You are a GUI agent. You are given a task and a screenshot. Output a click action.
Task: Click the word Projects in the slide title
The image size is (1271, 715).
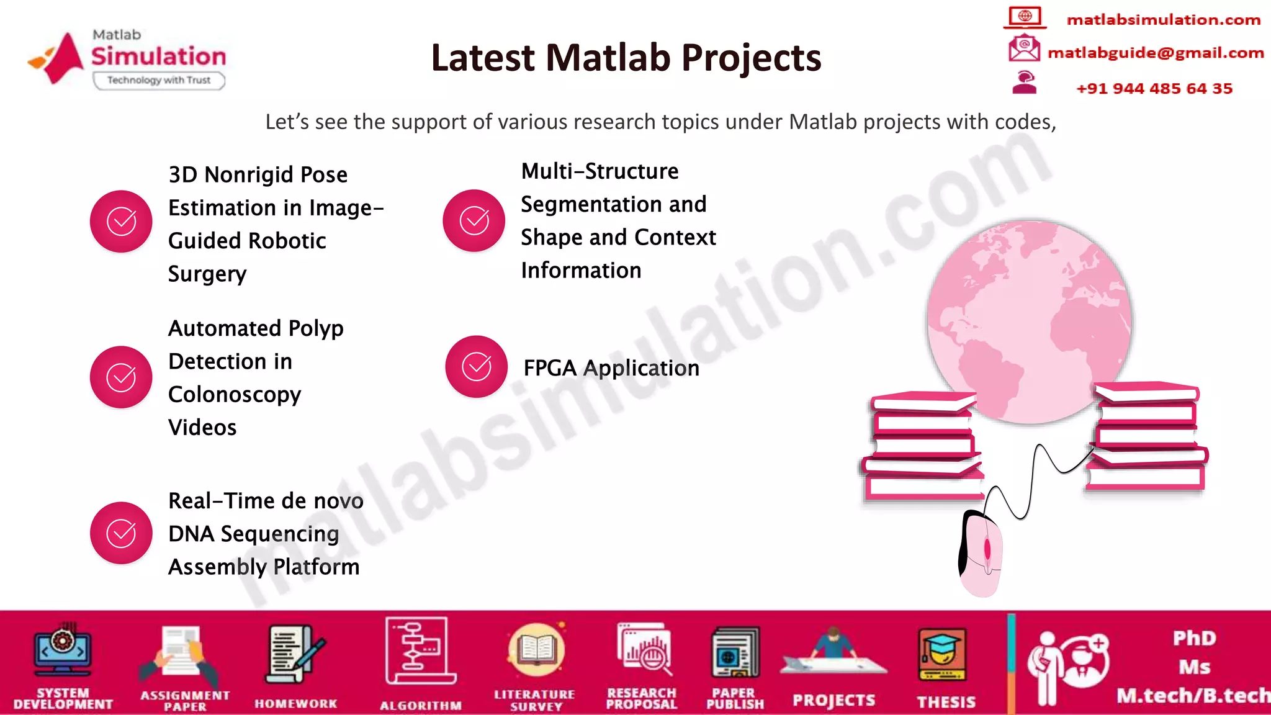[x=751, y=58]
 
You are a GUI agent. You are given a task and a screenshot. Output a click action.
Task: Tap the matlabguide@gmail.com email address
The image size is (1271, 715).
[x=1155, y=53]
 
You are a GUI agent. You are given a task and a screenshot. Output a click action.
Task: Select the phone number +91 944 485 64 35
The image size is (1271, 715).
[x=1154, y=88]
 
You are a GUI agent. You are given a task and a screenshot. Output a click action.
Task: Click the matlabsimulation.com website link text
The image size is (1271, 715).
[x=1163, y=20]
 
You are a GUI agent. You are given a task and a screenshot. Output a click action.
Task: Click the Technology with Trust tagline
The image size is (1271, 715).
[x=159, y=80]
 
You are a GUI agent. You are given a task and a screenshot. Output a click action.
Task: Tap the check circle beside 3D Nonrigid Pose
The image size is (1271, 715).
[x=121, y=222]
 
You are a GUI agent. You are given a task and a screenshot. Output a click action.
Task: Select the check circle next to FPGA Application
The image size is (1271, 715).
[x=476, y=367]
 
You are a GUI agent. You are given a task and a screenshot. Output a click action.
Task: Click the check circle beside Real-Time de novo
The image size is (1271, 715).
[x=121, y=533]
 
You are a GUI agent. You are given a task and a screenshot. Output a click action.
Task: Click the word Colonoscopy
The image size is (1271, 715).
[x=235, y=395]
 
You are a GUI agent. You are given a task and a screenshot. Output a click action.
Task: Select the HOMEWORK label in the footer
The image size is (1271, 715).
[x=295, y=703]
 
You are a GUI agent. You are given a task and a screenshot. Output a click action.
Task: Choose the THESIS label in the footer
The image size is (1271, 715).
[x=946, y=702]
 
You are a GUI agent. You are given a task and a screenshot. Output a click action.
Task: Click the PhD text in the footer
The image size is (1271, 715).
[x=1194, y=638]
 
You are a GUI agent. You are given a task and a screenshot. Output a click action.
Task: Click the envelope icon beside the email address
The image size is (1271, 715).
[x=1024, y=48]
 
